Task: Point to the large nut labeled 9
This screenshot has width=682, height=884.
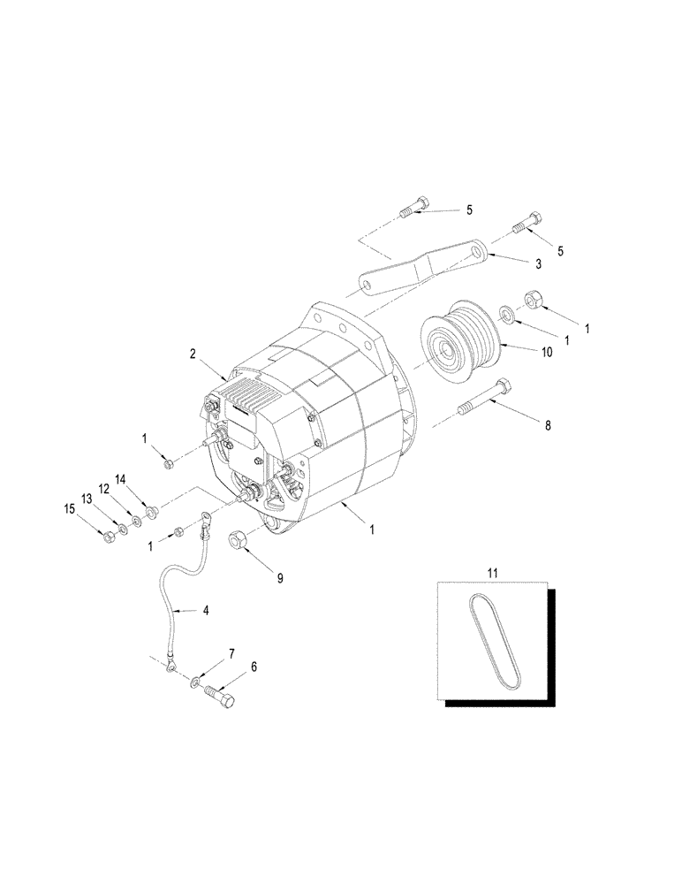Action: point(241,537)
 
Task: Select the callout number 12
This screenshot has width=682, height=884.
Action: point(103,489)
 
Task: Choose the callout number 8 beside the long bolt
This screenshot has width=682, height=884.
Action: point(547,424)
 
